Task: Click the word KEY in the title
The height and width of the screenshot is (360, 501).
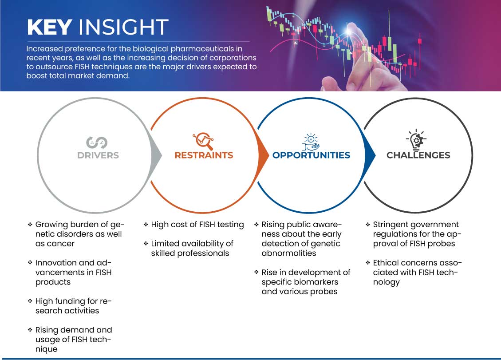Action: (x=50, y=27)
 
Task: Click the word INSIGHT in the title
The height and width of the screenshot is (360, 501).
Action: (x=123, y=27)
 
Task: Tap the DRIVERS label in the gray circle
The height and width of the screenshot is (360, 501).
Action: (x=98, y=155)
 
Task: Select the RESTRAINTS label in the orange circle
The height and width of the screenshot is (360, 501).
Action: (x=204, y=155)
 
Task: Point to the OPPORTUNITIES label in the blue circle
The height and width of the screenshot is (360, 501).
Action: (x=311, y=155)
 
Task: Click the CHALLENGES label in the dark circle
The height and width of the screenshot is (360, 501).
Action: (x=418, y=155)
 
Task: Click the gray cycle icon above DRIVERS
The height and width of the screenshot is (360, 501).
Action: (x=97, y=142)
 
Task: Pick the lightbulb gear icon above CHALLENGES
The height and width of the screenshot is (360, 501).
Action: (x=416, y=139)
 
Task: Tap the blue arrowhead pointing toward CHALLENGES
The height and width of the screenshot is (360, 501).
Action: (x=370, y=155)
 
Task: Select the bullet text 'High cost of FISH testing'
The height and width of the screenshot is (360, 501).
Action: (x=197, y=225)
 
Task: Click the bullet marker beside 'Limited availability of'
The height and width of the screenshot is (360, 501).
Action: (x=146, y=244)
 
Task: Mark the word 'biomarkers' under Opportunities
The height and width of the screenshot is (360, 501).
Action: (x=312, y=282)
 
